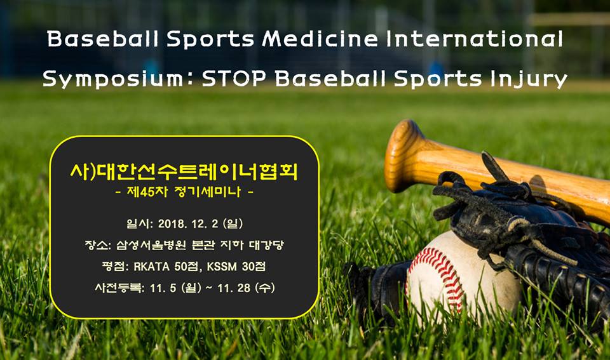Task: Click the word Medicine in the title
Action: (x=320, y=39)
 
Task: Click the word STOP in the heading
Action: (x=234, y=78)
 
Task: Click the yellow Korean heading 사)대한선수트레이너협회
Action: (x=184, y=171)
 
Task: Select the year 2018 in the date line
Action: (x=168, y=223)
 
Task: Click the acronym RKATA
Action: (x=151, y=266)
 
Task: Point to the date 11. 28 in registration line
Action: (x=233, y=288)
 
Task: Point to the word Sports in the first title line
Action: (x=210, y=39)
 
